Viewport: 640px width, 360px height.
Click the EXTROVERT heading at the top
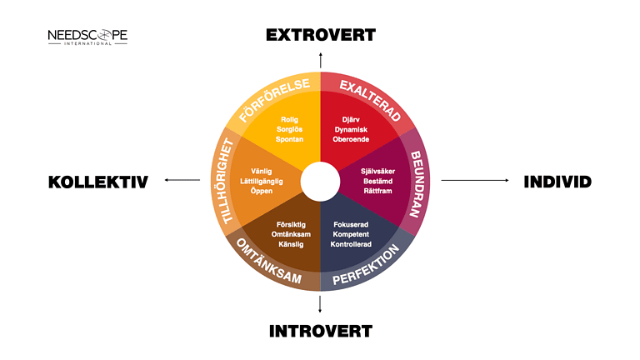(321, 35)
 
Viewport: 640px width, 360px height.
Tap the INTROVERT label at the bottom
(321, 331)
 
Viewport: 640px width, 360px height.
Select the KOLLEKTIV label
(98, 182)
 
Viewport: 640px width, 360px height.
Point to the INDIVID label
(557, 182)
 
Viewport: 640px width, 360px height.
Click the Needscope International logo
(87, 37)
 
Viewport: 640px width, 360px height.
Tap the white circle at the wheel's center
(320, 182)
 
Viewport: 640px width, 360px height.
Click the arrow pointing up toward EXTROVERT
(320, 60)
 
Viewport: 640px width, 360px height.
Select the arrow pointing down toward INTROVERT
(320, 304)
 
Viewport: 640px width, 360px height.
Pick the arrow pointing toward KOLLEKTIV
(182, 180)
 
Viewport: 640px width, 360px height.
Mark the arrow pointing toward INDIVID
(475, 180)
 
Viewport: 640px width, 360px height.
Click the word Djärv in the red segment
(351, 120)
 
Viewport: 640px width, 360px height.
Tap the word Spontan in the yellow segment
(289, 139)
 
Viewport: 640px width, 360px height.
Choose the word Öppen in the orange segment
(261, 191)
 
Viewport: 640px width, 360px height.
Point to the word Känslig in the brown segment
(291, 244)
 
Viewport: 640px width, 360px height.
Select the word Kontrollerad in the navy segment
(351, 244)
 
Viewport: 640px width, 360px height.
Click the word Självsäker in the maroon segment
(378, 171)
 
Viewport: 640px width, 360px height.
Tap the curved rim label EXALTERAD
(370, 100)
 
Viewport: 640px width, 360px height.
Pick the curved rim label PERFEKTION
(366, 264)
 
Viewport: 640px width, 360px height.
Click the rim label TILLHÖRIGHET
(222, 181)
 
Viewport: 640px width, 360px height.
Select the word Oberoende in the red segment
(351, 139)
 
